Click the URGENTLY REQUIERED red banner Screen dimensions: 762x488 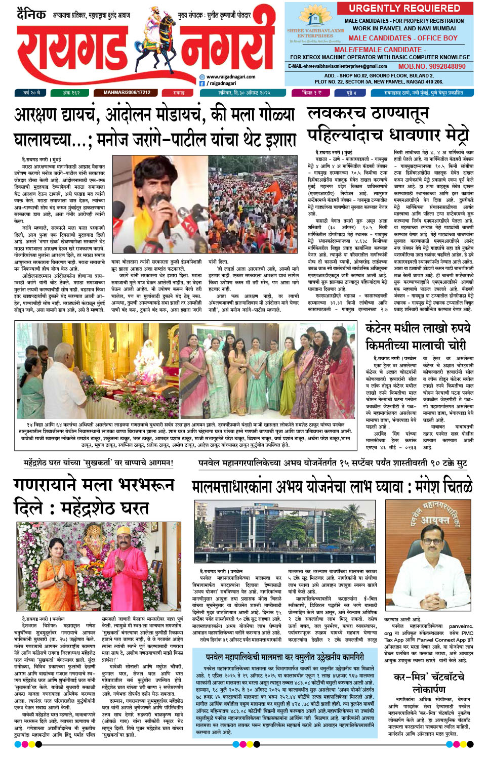point(404,8)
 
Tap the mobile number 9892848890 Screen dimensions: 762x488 point(432,66)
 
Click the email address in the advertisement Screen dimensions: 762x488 point(338,66)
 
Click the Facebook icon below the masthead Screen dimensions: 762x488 point(202,83)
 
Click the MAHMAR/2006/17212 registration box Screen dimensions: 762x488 point(127,93)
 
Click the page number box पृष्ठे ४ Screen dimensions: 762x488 point(351,93)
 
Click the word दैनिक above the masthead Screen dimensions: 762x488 point(31,14)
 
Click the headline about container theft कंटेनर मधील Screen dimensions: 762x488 point(418,336)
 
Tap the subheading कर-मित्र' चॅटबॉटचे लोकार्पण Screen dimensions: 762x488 point(429,683)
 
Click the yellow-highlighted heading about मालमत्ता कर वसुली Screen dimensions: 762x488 point(284,657)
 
